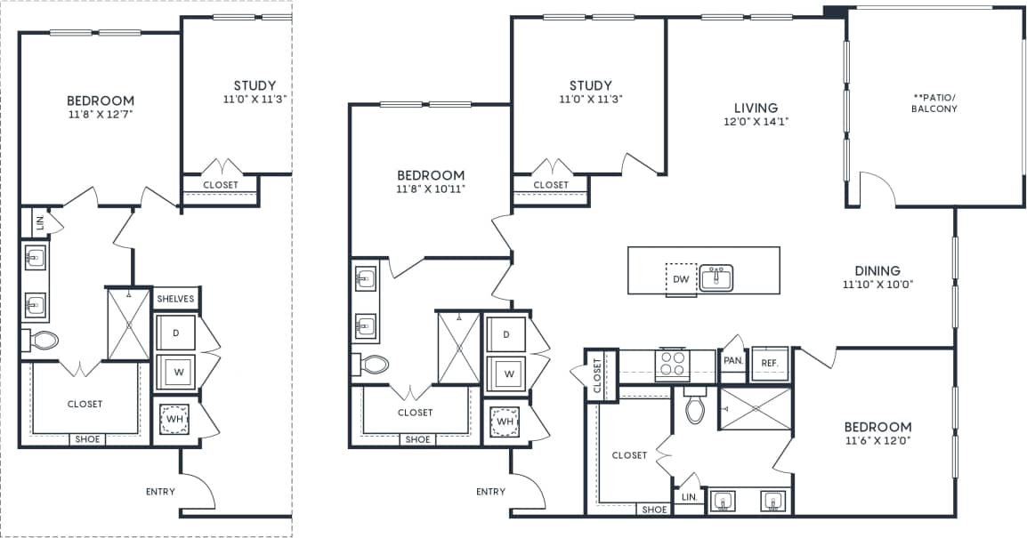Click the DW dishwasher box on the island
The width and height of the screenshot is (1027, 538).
click(x=681, y=278)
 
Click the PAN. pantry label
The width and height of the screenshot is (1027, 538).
click(x=733, y=361)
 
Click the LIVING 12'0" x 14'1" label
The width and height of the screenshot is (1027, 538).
click(x=756, y=115)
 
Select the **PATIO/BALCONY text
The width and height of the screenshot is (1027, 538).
click(x=934, y=102)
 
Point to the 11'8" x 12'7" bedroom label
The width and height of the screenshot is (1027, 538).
click(x=101, y=107)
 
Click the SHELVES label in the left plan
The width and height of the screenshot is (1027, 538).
click(x=175, y=299)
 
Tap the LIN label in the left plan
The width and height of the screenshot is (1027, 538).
click(x=39, y=221)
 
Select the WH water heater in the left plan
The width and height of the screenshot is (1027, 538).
click(x=175, y=418)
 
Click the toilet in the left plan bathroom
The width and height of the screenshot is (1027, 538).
click(x=43, y=340)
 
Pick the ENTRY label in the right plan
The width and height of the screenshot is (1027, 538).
click(x=490, y=491)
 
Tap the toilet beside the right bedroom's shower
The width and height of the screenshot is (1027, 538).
click(x=694, y=408)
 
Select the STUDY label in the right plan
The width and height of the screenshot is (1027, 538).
click(x=591, y=85)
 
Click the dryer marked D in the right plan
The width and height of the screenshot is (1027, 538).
click(x=506, y=334)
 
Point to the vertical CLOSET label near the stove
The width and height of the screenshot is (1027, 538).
click(x=597, y=373)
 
